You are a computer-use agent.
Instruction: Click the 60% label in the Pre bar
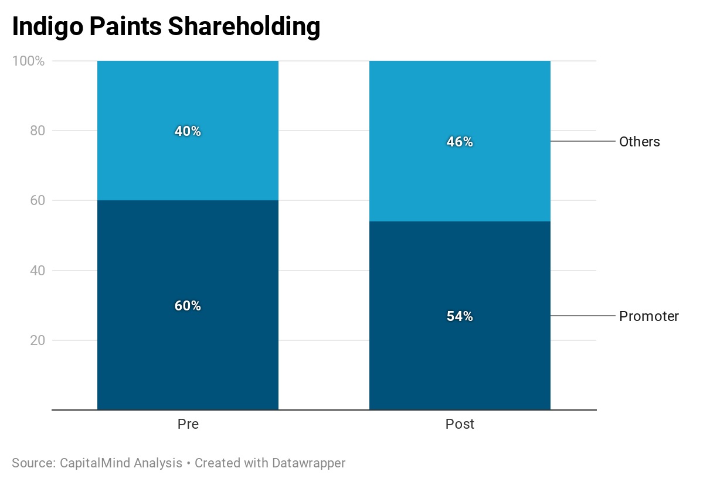[x=188, y=306]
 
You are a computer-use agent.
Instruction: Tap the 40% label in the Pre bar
[x=188, y=131]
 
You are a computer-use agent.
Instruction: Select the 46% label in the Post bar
[x=460, y=142]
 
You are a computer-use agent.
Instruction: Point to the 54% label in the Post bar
[x=460, y=316]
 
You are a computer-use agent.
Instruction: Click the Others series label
[x=640, y=142]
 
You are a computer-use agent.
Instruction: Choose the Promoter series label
[x=649, y=316]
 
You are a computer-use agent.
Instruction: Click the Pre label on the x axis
[x=188, y=424]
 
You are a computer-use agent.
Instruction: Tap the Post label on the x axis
[x=460, y=424]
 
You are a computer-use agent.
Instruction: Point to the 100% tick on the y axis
[x=28, y=61]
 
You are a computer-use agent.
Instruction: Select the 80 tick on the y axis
[x=38, y=131]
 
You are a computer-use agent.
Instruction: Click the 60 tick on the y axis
[x=38, y=200]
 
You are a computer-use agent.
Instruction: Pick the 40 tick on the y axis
[x=38, y=271]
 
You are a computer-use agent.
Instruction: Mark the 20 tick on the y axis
[x=38, y=340]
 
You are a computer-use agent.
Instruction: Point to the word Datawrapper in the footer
[x=308, y=463]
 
